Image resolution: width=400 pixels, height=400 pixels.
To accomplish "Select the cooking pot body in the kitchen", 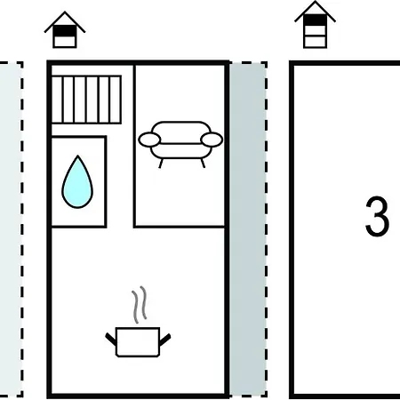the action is pyautogui.click(x=138, y=342).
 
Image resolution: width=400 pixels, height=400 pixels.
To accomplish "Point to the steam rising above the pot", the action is pyautogui.click(x=140, y=304).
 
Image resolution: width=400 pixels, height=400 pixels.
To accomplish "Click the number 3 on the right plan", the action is pyautogui.click(x=377, y=216).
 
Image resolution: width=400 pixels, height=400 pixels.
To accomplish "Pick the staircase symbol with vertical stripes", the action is pyautogui.click(x=86, y=100).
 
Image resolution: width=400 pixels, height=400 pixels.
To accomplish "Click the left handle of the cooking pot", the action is pyautogui.click(x=111, y=340).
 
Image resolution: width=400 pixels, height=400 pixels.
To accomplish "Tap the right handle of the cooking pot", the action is pyautogui.click(x=165, y=340).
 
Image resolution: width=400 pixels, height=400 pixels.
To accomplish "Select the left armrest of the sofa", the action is pyautogui.click(x=149, y=140).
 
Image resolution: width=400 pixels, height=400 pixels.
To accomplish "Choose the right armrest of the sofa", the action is pyautogui.click(x=212, y=140).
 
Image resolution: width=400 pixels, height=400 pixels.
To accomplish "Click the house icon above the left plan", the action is pyautogui.click(x=65, y=29).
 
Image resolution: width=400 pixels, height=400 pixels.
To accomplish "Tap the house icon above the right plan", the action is pyautogui.click(x=315, y=24).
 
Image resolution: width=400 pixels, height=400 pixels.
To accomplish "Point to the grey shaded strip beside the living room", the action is pyautogui.click(x=247, y=228).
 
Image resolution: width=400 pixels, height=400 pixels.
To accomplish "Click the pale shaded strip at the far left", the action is pyautogui.click(x=11, y=228).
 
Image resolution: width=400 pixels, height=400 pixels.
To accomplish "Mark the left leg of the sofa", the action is pyautogui.click(x=161, y=164).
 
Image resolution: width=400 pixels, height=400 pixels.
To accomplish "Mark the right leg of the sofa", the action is pyautogui.click(x=203, y=164).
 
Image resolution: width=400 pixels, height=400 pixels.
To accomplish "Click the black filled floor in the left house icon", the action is pyautogui.click(x=65, y=31).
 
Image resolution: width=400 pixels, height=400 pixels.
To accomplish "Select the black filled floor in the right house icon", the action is pyautogui.click(x=315, y=20).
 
